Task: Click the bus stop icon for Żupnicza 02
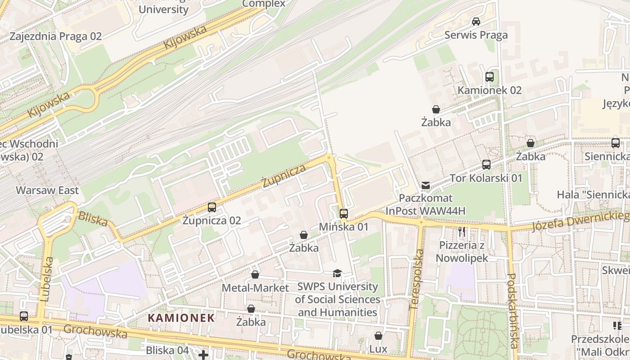click(x=211, y=207)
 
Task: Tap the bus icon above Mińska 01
click(x=344, y=213)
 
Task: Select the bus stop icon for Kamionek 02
click(x=490, y=77)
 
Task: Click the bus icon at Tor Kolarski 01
click(x=486, y=165)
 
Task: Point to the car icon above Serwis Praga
click(x=476, y=21)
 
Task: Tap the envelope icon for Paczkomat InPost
click(x=426, y=185)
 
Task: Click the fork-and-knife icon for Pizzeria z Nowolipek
click(x=461, y=232)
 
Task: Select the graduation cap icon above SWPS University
click(x=337, y=273)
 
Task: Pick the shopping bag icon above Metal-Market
click(x=255, y=274)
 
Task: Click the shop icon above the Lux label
click(x=378, y=336)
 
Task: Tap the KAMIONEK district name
click(x=181, y=318)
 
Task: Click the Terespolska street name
click(x=417, y=279)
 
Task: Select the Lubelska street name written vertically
click(x=46, y=279)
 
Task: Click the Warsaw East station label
click(x=47, y=190)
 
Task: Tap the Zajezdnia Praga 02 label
click(x=56, y=36)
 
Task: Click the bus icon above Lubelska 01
click(x=23, y=316)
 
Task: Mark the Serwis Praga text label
click(x=476, y=35)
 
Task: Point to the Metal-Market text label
click(x=256, y=288)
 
